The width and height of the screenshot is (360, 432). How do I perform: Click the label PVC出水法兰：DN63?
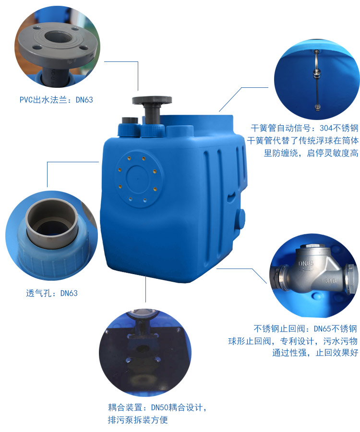click(56, 100)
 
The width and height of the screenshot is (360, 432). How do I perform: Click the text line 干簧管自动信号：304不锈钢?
click(304, 128)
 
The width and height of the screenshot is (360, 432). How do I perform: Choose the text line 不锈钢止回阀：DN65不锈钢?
click(305, 329)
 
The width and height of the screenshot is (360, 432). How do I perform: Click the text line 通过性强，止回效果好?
click(315, 353)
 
